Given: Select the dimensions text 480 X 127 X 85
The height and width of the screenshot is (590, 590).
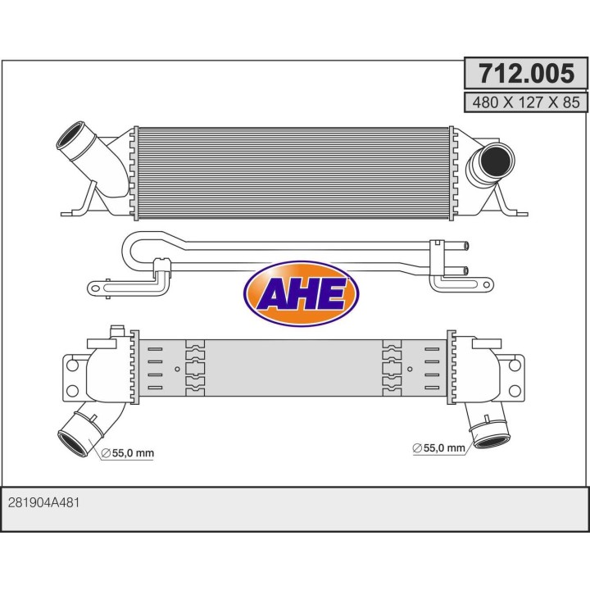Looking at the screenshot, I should [x=526, y=102].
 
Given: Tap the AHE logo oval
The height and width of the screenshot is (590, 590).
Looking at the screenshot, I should [x=301, y=293].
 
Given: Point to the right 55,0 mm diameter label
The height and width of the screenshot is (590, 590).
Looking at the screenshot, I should [x=439, y=447].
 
